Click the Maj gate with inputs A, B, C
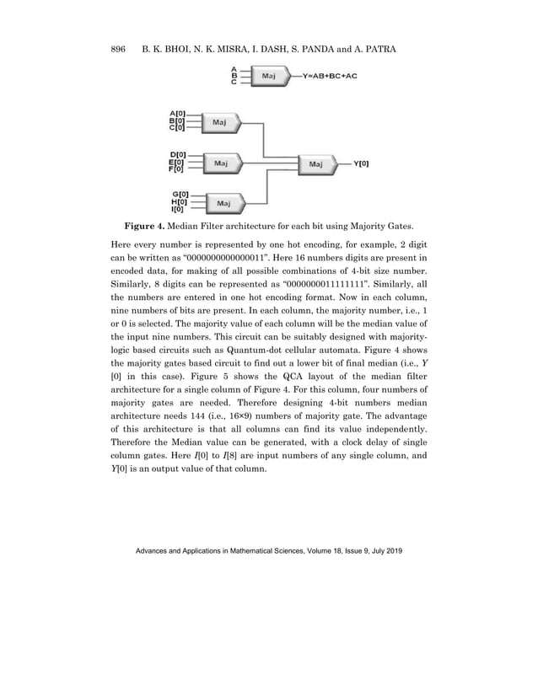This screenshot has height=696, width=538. (x=269, y=76)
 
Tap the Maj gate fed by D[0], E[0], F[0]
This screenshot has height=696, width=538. (x=218, y=163)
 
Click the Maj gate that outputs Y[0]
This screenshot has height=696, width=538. (x=315, y=163)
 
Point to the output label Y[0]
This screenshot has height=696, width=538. (x=360, y=163)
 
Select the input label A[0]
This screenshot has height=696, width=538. (x=178, y=114)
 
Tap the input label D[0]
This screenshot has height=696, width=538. (x=178, y=154)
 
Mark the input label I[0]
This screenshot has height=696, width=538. (x=179, y=210)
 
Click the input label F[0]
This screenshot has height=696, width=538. (x=178, y=169)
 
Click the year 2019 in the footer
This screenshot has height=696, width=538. (x=394, y=550)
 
